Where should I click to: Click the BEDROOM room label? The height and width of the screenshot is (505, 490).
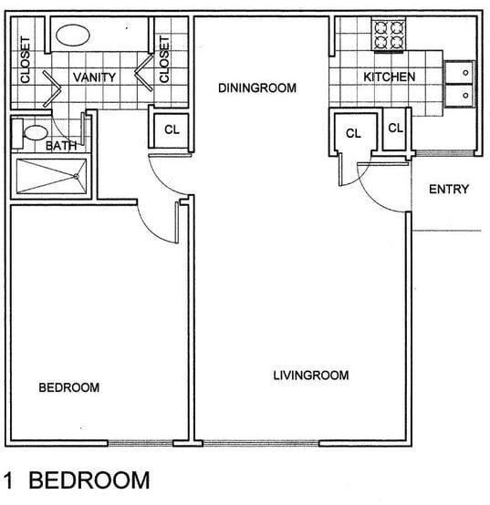pyautogui.click(x=68, y=387)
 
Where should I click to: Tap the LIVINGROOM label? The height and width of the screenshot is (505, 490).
pyautogui.click(x=311, y=375)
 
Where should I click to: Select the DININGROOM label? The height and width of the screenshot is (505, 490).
pyautogui.click(x=258, y=88)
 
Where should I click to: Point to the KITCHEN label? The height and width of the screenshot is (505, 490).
pyautogui.click(x=390, y=77)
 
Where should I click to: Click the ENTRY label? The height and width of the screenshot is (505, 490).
pyautogui.click(x=449, y=190)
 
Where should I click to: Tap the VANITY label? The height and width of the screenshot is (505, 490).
pyautogui.click(x=94, y=77)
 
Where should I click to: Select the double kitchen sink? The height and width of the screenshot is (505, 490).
pyautogui.click(x=460, y=80)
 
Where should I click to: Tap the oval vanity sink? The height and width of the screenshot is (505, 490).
pyautogui.click(x=74, y=36)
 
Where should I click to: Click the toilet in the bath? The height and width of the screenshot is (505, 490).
pyautogui.click(x=34, y=133)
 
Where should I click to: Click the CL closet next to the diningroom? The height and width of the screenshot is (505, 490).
pyautogui.click(x=171, y=129)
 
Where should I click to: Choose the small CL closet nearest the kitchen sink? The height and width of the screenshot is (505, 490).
pyautogui.click(x=395, y=129)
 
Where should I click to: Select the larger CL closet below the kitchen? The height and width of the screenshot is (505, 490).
pyautogui.click(x=354, y=134)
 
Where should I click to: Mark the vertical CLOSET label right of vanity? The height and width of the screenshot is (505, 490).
pyautogui.click(x=165, y=59)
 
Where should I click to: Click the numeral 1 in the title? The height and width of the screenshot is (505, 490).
pyautogui.click(x=11, y=480)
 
